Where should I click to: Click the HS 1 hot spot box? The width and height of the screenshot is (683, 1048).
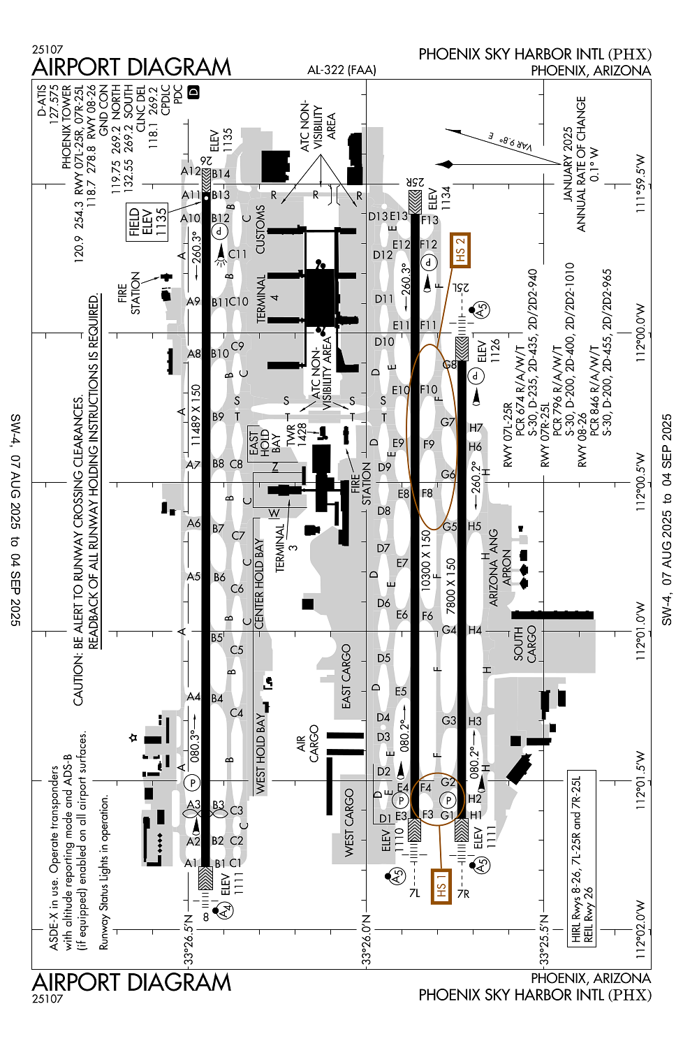point(441,887)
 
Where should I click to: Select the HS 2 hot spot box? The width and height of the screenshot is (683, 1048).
point(460,250)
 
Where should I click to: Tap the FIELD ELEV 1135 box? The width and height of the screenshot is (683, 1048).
point(147,221)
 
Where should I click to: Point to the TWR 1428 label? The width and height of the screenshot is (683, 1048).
point(296,434)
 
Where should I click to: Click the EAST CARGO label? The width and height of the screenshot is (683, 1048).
point(346,676)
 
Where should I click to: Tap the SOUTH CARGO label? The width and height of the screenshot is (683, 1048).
point(525,644)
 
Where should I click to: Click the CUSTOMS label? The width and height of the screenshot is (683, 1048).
point(260,229)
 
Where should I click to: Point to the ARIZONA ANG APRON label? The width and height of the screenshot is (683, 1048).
point(500,567)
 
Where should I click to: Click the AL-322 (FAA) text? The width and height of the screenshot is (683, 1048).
point(341,70)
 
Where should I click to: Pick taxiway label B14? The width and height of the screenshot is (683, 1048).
point(221,174)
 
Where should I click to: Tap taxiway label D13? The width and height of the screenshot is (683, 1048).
point(378,216)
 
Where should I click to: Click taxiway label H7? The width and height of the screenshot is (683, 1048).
point(476,428)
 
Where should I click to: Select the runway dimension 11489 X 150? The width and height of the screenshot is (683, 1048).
point(196,415)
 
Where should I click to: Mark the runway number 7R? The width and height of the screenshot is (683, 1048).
point(463,894)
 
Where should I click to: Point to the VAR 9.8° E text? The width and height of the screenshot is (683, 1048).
point(511,141)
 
